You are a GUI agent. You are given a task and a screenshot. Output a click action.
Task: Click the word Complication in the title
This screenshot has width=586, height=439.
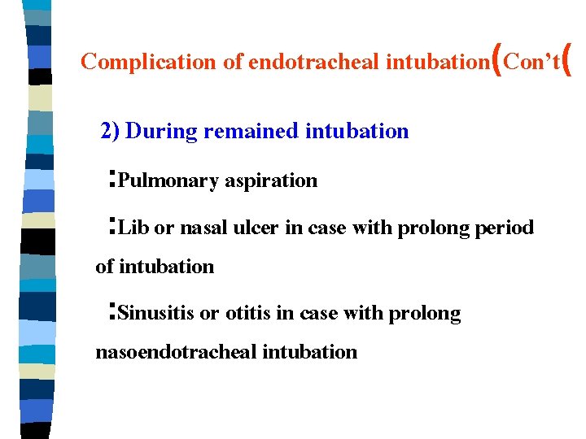pos(135,62)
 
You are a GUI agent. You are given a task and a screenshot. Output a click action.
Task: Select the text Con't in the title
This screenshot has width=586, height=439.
pos(531,62)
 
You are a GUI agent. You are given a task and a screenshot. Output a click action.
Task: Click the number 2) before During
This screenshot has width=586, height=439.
pos(110,131)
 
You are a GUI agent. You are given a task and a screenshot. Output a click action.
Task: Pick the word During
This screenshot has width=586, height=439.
pos(162,131)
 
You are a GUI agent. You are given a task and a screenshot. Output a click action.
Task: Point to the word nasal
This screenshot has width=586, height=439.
pos(203,228)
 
